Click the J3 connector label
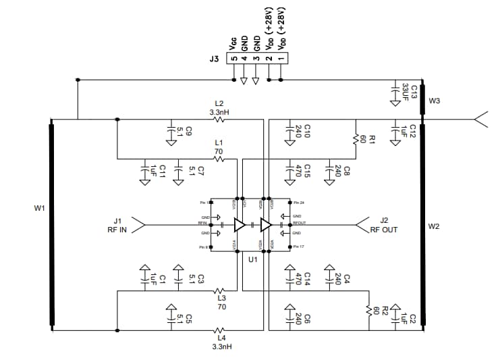click(x=214, y=59)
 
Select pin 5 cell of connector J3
click(x=233, y=59)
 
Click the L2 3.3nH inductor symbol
click(x=219, y=120)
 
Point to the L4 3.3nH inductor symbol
click(x=219, y=331)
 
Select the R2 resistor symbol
click(x=369, y=311)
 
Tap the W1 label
click(x=39, y=208)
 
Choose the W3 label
click(x=434, y=101)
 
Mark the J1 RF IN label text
click(x=117, y=225)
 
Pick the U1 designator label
click(x=252, y=259)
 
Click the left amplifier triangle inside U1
click(x=239, y=224)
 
